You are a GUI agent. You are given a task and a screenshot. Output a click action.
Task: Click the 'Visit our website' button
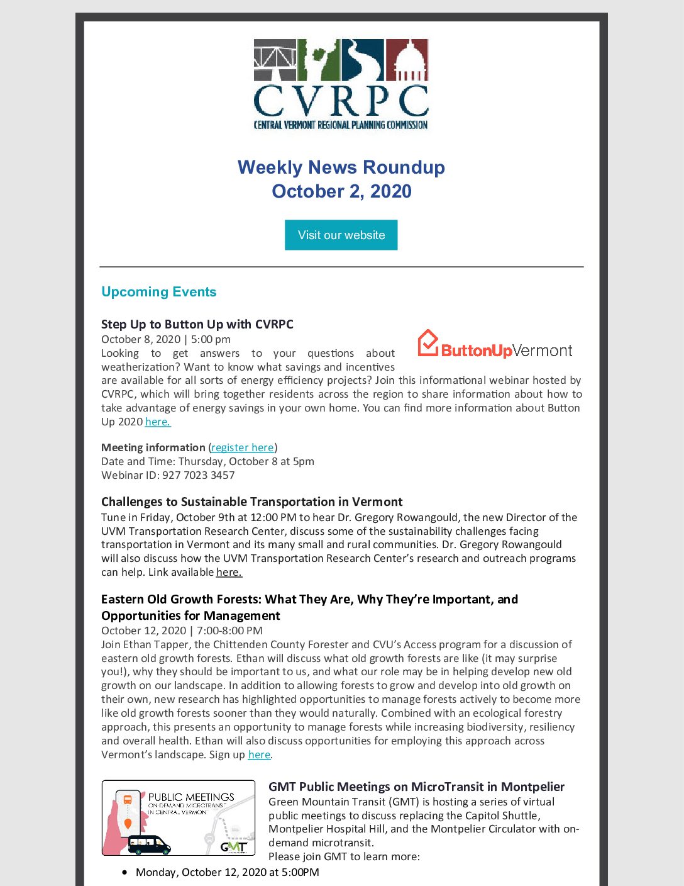(341, 235)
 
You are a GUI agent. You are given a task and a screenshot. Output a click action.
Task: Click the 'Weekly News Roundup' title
(341, 167)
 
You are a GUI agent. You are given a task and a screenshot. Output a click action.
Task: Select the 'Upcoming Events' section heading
(158, 292)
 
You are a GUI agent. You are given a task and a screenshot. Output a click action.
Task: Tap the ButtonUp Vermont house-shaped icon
(427, 344)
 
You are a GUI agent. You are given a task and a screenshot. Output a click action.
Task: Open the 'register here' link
(243, 447)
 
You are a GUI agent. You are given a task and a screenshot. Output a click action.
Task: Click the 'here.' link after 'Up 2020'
(158, 422)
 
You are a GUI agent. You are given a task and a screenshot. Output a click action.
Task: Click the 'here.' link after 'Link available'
(229, 572)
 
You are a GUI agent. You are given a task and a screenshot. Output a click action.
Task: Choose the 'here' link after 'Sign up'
(259, 754)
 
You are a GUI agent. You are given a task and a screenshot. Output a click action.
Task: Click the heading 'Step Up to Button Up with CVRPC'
(197, 324)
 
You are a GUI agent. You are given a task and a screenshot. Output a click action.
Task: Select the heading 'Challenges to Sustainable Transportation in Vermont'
(251, 502)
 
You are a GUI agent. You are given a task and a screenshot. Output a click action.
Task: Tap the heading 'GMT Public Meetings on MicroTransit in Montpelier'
(416, 787)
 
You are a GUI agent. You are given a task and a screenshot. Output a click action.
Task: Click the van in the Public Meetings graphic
(149, 844)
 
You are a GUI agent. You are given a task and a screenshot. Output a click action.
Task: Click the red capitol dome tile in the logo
(407, 60)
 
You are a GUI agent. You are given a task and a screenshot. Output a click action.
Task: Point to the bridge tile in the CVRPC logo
(275, 60)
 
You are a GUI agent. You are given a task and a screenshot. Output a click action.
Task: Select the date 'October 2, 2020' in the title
(341, 191)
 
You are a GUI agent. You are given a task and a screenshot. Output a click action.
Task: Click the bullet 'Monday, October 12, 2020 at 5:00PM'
(227, 872)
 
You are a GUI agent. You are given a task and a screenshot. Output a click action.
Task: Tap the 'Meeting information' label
(153, 447)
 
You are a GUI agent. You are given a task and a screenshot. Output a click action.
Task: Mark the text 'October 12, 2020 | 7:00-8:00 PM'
(182, 631)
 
